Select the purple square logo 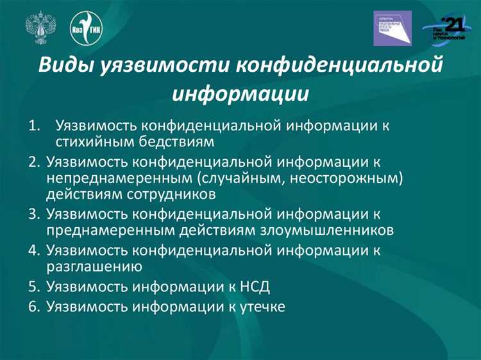392,28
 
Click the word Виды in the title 65,66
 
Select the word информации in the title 240,94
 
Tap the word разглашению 94,266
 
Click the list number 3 35,214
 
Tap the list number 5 35,286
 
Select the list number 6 35,307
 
